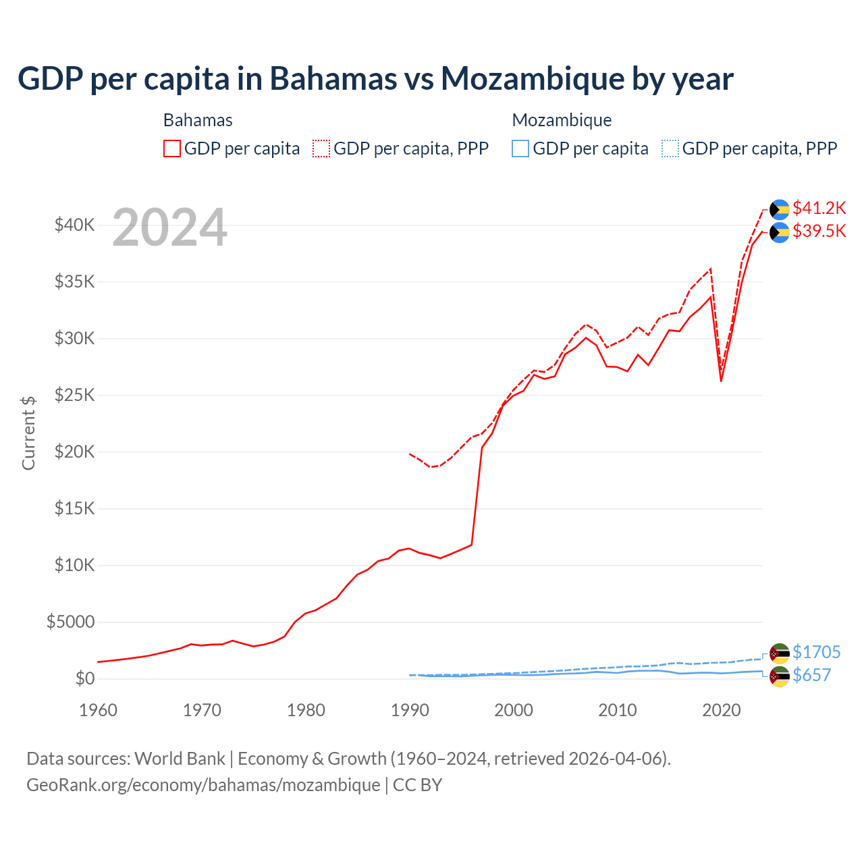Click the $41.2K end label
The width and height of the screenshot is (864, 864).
pyautogui.click(x=819, y=208)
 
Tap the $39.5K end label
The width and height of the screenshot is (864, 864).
pyautogui.click(x=819, y=232)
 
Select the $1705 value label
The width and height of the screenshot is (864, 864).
pyautogui.click(x=816, y=652)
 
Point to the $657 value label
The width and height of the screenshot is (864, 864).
pyautogui.click(x=811, y=675)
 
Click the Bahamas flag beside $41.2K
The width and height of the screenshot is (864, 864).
pyautogui.click(x=780, y=209)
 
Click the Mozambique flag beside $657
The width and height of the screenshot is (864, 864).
pyautogui.click(x=780, y=676)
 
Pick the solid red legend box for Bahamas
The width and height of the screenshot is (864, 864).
pyautogui.click(x=172, y=148)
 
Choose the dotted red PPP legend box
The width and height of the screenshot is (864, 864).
pyautogui.click(x=321, y=148)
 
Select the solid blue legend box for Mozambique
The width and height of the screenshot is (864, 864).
pyautogui.click(x=520, y=148)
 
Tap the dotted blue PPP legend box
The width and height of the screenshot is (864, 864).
pyautogui.click(x=670, y=148)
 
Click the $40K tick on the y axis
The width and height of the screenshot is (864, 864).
pyautogui.click(x=75, y=225)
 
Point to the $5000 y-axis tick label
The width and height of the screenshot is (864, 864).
pyautogui.click(x=71, y=622)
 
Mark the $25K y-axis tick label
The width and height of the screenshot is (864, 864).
pyautogui.click(x=75, y=396)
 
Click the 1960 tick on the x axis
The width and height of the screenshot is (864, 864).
pyautogui.click(x=99, y=710)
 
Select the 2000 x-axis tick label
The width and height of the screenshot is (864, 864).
pyautogui.click(x=514, y=710)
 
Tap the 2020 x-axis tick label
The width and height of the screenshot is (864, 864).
pyautogui.click(x=722, y=710)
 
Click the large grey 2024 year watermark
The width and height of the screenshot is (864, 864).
pyautogui.click(x=169, y=227)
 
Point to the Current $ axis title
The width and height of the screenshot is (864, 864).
pyautogui.click(x=28, y=433)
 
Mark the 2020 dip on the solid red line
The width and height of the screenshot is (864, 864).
pyautogui.click(x=721, y=381)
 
